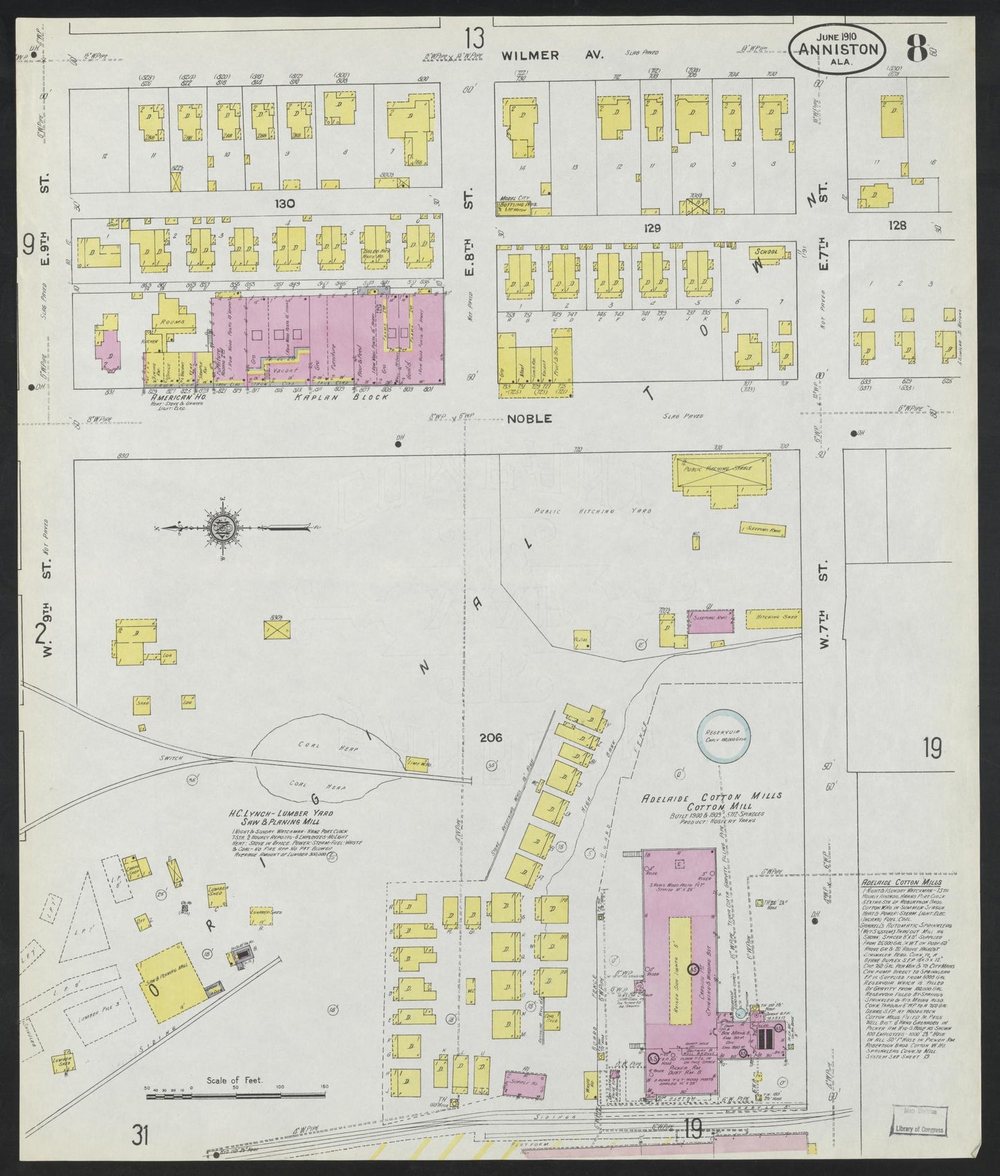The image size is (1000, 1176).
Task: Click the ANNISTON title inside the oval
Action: pos(838,49)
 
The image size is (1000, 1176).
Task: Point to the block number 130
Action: pos(284,204)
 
